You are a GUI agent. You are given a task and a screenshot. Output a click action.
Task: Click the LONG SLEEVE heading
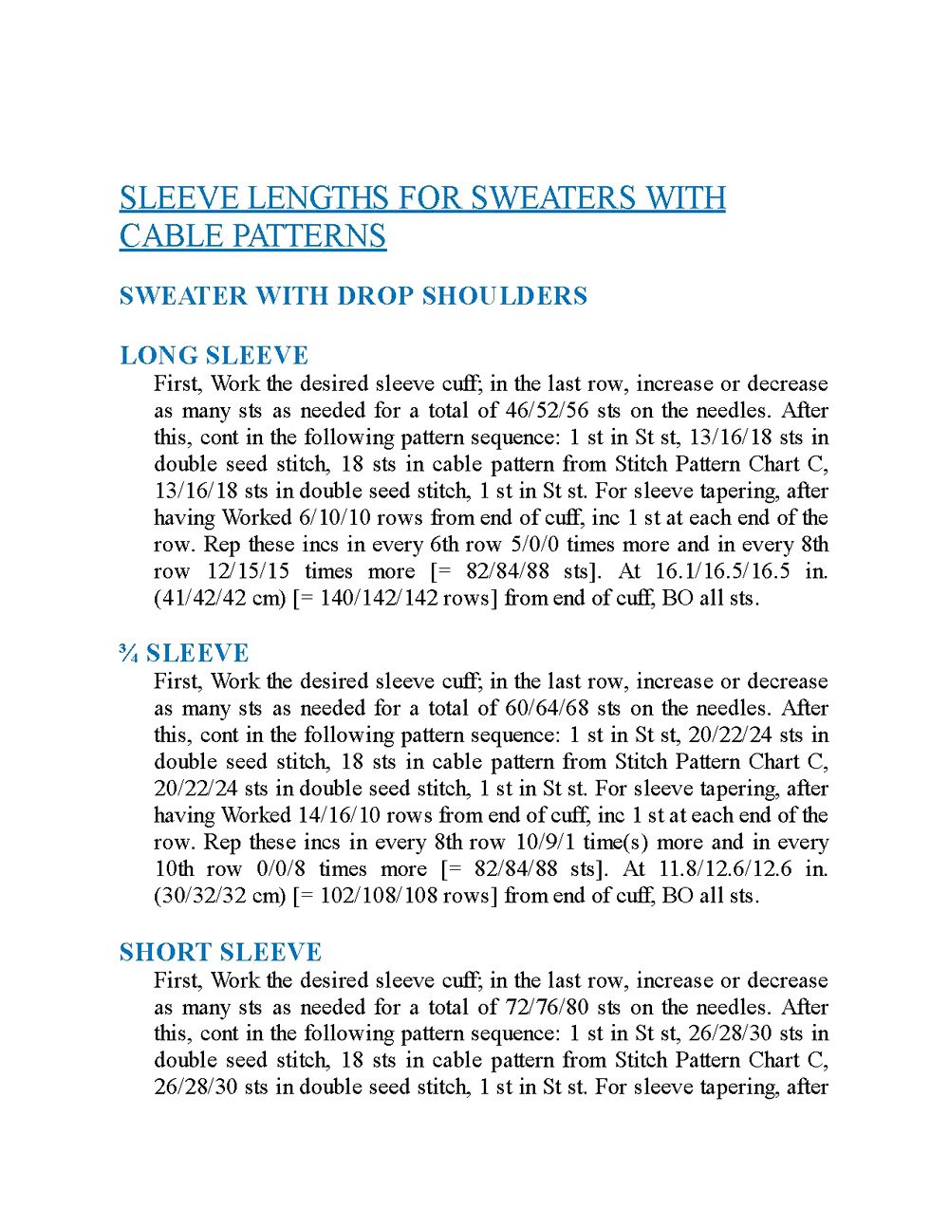tap(214, 356)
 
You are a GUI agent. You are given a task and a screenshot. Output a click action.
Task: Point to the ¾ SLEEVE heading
tap(185, 654)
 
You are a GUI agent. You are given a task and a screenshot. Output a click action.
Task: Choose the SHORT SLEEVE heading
tap(221, 953)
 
